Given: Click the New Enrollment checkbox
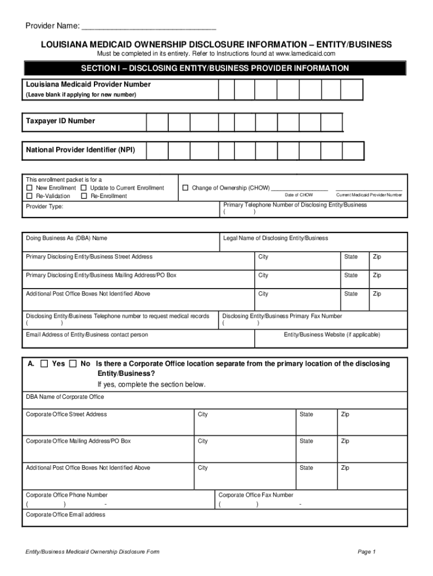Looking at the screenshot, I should pyautogui.click(x=30, y=188).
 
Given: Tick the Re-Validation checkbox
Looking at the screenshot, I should pyautogui.click(x=30, y=196).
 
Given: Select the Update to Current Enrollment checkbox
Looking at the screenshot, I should pyautogui.click(x=84, y=188).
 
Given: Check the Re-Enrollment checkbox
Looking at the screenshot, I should pyautogui.click(x=84, y=196).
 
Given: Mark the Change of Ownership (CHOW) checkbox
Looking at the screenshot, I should pyautogui.click(x=185, y=188).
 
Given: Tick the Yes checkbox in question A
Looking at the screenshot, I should pyautogui.click(x=44, y=364).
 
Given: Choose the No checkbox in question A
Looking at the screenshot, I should pyautogui.click(x=73, y=364).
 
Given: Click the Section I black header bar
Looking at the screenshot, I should pyautogui.click(x=215, y=68).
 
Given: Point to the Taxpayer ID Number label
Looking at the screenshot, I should pyautogui.click(x=60, y=121).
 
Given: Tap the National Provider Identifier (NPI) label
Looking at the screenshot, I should pyautogui.click(x=80, y=150).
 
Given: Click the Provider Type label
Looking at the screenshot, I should pyautogui.click(x=44, y=206).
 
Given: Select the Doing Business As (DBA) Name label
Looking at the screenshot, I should pyautogui.click(x=66, y=238).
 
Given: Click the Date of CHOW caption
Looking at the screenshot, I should pyautogui.click(x=299, y=195).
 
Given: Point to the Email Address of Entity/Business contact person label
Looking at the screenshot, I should pyautogui.click(x=87, y=335).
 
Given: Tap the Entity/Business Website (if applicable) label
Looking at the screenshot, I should pyautogui.click(x=332, y=335).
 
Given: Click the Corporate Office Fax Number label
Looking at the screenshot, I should pyautogui.click(x=255, y=495).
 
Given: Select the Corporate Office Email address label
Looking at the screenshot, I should pyautogui.click(x=65, y=514).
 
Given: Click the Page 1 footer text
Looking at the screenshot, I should pyautogui.click(x=366, y=551).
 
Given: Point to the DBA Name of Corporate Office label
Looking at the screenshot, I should pyautogui.click(x=65, y=397).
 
